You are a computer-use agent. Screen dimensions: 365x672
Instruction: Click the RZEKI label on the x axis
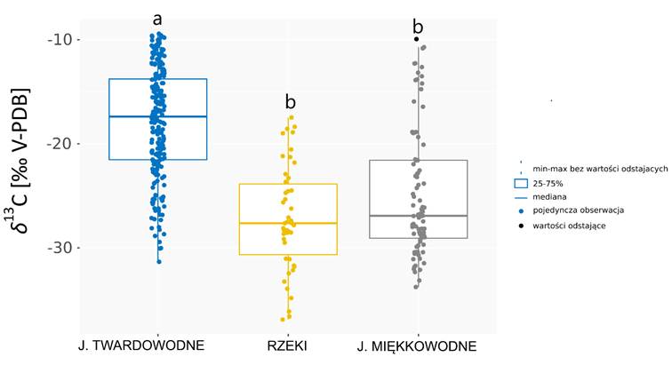[x=288, y=345]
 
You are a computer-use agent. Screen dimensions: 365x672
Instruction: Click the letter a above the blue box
[x=158, y=19]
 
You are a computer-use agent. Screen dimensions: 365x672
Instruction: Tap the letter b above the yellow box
[x=290, y=102]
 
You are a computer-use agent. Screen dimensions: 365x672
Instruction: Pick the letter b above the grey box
[x=418, y=27]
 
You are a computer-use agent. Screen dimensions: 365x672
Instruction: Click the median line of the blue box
[x=158, y=116]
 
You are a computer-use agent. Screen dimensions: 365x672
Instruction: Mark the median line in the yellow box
[x=288, y=223]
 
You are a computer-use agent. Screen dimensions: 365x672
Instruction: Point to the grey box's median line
[x=418, y=216]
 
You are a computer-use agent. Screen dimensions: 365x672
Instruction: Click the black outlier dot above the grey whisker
[x=417, y=39]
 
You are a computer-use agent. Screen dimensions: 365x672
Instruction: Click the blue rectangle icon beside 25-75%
[x=521, y=182]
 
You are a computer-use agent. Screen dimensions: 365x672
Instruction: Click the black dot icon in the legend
[x=521, y=225]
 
